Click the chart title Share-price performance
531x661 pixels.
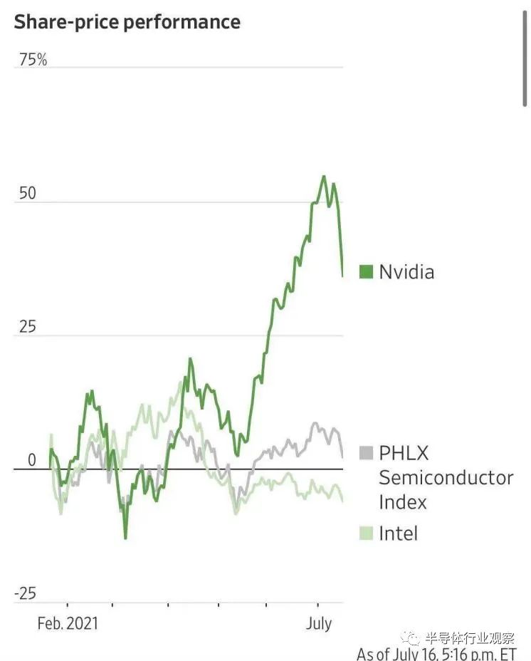point(127,22)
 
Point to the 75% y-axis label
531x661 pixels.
point(33,60)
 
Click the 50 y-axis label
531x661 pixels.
point(26,194)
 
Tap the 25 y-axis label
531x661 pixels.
point(26,328)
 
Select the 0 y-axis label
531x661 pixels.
point(31,461)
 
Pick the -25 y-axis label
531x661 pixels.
point(26,593)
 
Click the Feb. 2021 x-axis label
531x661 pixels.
point(68,623)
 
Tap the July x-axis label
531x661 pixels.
point(319,623)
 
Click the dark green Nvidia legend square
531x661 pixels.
point(367,271)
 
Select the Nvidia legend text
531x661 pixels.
point(406,271)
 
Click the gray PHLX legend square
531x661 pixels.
point(367,452)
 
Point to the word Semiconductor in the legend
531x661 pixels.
point(446,477)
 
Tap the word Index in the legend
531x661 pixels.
point(403,501)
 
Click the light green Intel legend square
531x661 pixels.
point(367,533)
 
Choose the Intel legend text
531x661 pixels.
point(399,533)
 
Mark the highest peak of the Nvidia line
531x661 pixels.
point(324,176)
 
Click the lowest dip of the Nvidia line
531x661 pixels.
point(125,537)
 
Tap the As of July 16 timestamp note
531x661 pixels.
point(436,654)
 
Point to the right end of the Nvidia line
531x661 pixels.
point(342,276)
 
